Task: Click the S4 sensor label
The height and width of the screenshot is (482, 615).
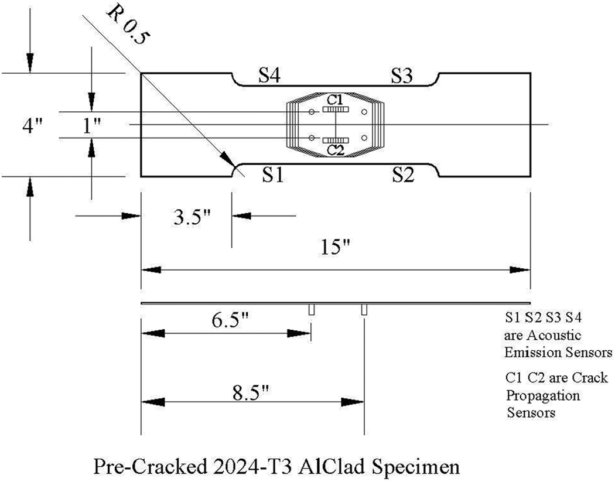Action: tap(269, 75)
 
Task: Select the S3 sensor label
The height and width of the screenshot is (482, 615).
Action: tap(402, 75)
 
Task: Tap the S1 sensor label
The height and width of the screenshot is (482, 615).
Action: tap(272, 175)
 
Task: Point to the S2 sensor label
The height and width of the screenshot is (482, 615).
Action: tap(403, 175)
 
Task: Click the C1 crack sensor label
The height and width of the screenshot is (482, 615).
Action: tap(335, 100)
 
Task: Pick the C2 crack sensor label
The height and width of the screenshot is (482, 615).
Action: tap(336, 150)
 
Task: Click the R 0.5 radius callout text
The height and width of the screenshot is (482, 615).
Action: tap(128, 28)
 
